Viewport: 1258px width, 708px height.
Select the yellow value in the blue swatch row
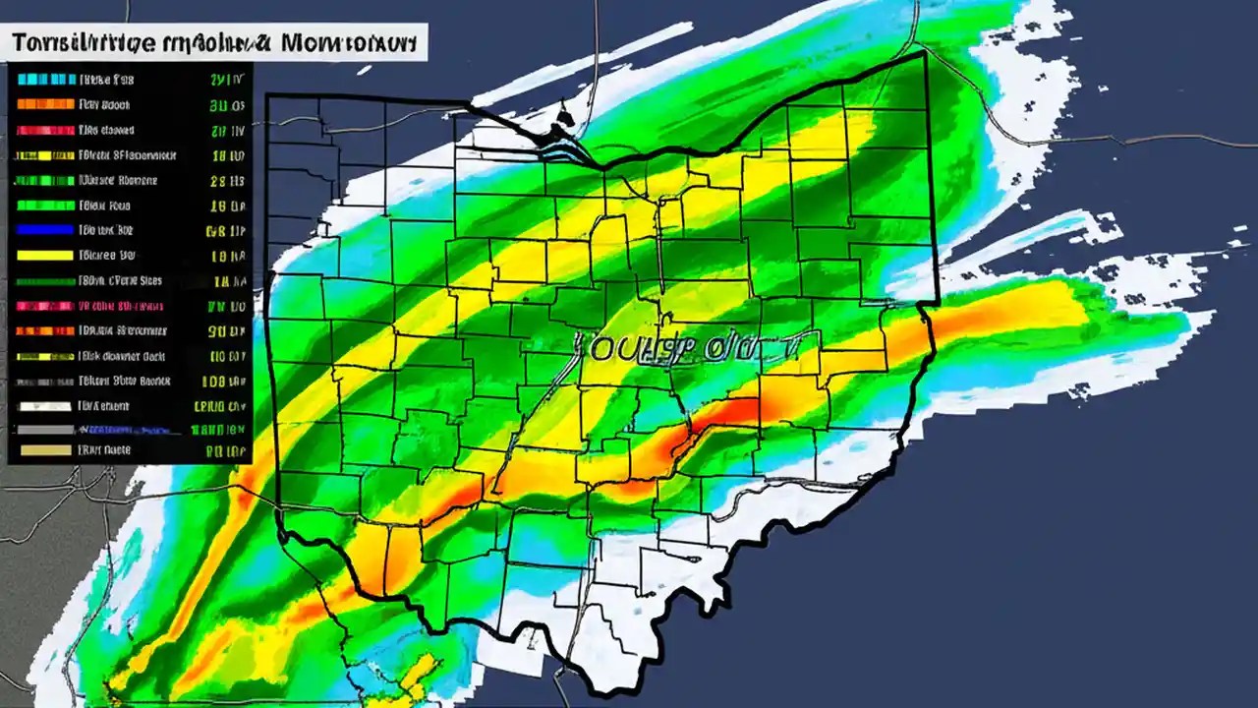(x=227, y=231)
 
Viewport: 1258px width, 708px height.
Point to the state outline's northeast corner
(x=925, y=54)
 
